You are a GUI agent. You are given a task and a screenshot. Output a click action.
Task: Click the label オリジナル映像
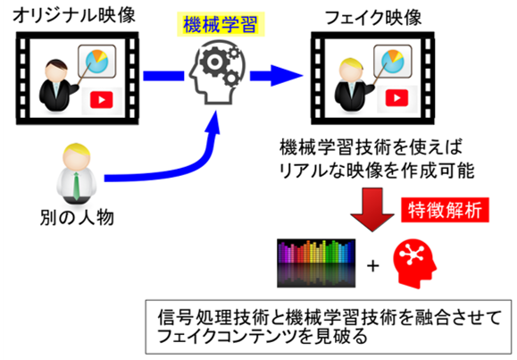pyautogui.click(x=74, y=15)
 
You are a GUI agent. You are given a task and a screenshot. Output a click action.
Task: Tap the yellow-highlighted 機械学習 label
pyautogui.click(x=221, y=24)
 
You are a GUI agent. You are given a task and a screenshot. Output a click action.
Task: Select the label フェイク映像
pyautogui.click(x=373, y=17)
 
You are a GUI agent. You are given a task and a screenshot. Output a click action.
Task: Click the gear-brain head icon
pyautogui.click(x=218, y=72)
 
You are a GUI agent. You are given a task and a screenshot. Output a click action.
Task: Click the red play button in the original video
pyautogui.click(x=102, y=100)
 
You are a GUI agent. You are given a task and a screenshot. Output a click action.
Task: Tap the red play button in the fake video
pyautogui.click(x=397, y=98)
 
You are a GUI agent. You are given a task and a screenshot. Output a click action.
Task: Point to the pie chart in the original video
pyautogui.click(x=97, y=62)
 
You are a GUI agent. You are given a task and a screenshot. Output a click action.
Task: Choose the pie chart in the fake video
pyautogui.click(x=392, y=62)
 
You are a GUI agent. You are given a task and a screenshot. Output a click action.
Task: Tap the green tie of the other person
pyautogui.click(x=76, y=186)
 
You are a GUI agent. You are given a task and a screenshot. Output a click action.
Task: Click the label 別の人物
pyautogui.click(x=77, y=217)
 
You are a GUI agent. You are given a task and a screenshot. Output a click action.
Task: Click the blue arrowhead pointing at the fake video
pyautogui.click(x=287, y=76)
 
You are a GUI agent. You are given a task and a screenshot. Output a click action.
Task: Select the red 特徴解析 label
pyautogui.click(x=445, y=210)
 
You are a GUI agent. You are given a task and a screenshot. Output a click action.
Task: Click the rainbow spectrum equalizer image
pyautogui.click(x=316, y=263)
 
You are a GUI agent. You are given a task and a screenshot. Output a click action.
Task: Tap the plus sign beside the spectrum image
pyautogui.click(x=373, y=265)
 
